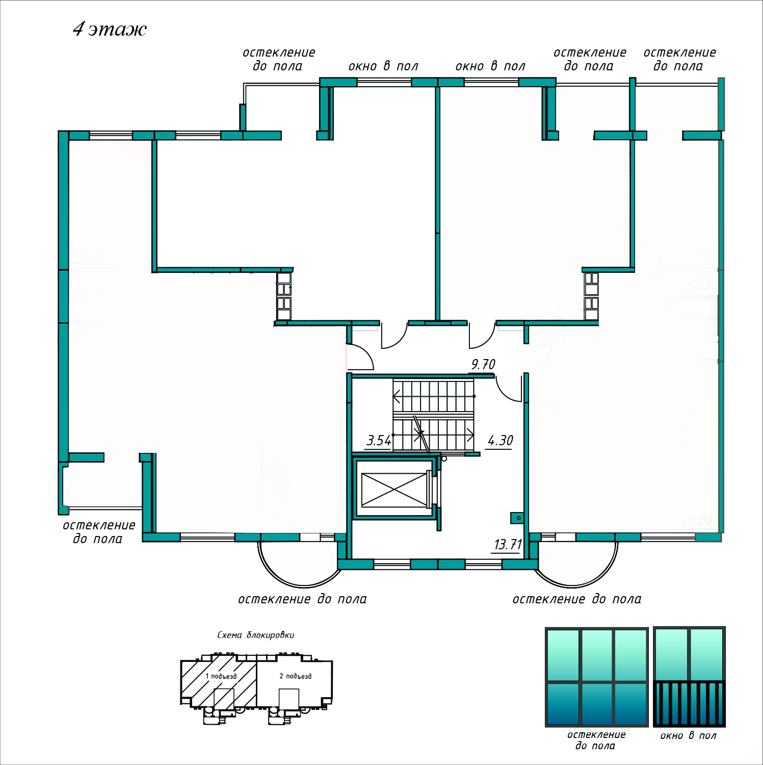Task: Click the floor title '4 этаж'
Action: (110, 29)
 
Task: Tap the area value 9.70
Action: (483, 365)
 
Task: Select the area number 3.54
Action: (379, 441)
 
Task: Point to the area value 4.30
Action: (501, 441)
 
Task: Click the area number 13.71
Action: (508, 545)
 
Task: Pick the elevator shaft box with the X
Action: (394, 490)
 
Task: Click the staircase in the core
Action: (433, 416)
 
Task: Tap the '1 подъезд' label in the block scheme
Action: (221, 676)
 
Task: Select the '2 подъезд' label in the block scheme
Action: (296, 676)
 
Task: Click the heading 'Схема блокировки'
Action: (256, 635)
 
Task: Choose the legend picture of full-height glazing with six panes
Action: (596, 677)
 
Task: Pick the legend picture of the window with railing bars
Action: (689, 677)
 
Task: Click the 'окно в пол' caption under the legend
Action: (688, 736)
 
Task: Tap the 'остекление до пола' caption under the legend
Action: (596, 740)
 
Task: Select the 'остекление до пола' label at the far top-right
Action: (679, 59)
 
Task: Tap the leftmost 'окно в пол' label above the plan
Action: (383, 66)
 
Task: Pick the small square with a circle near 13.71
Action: (517, 518)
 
